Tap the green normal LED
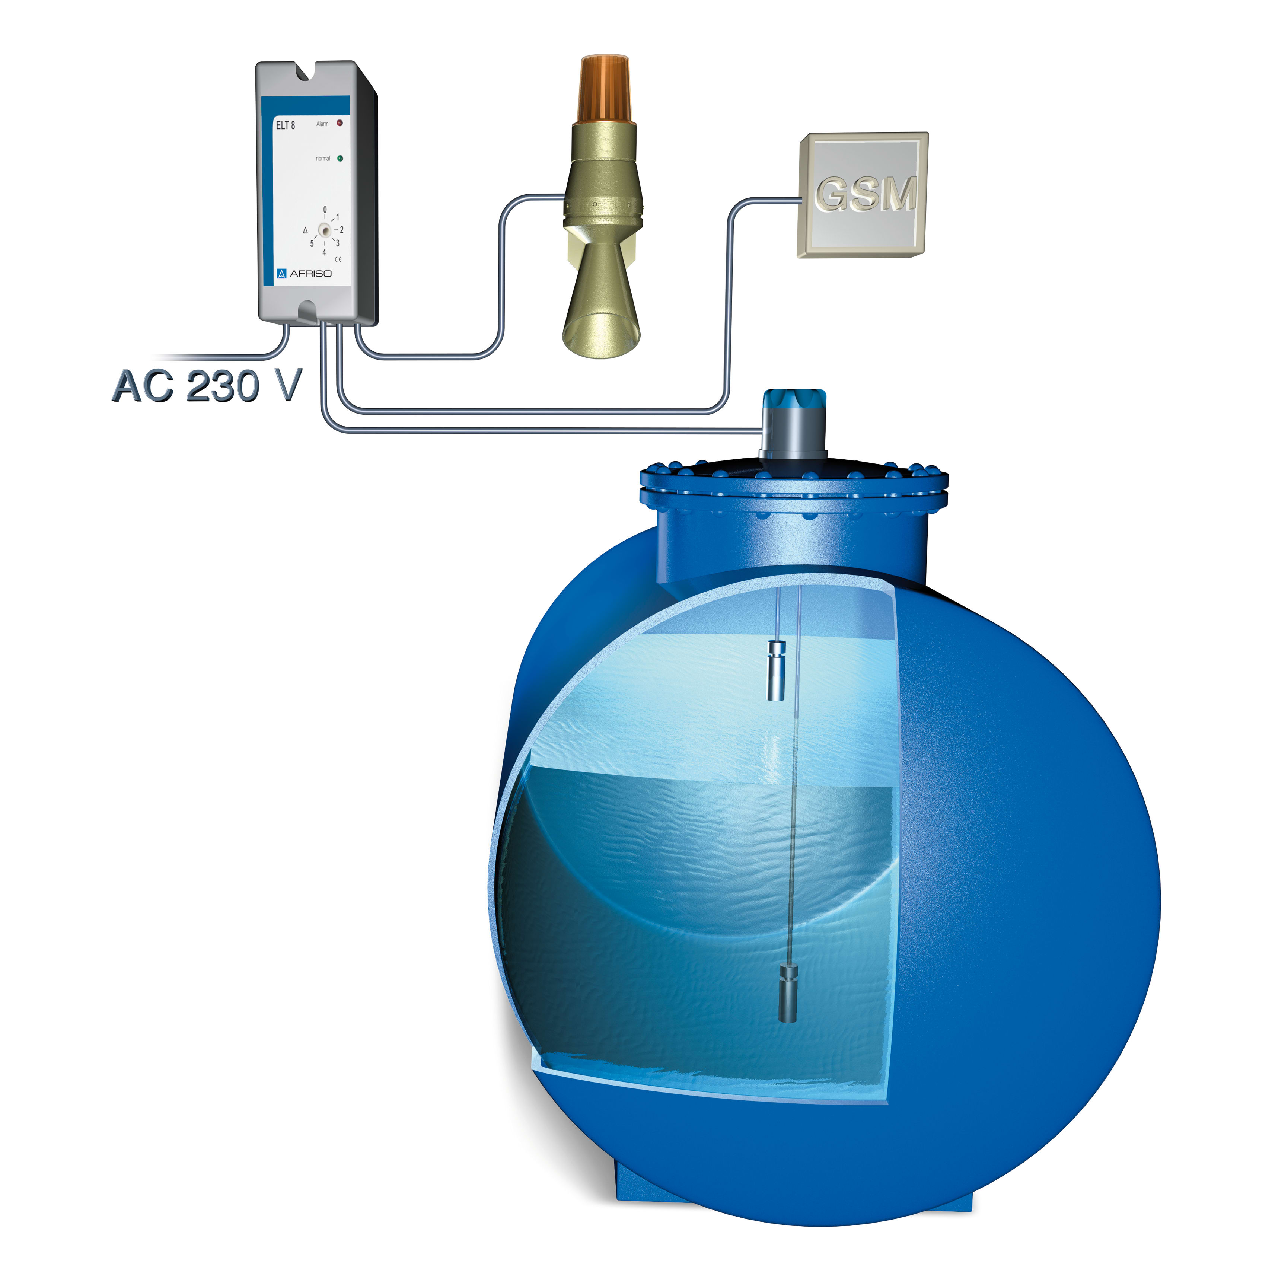click(340, 158)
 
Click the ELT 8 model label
click(285, 125)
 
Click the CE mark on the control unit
click(338, 259)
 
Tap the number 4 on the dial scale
click(324, 252)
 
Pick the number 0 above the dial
click(325, 210)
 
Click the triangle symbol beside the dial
click(305, 230)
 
